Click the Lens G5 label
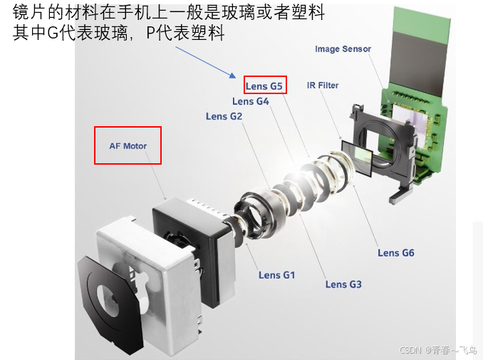tap(264, 86)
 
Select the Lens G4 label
tap(251, 101)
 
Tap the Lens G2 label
tap(224, 116)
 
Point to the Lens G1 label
tap(276, 275)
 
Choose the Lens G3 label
tap(343, 284)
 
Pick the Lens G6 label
tap(396, 253)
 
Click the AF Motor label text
tap(128, 146)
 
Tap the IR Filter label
tap(323, 86)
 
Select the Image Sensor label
tap(343, 49)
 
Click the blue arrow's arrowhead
tap(233, 76)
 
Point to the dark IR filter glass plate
tap(358, 158)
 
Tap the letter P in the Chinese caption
tap(150, 33)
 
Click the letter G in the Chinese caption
tap(53, 33)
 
